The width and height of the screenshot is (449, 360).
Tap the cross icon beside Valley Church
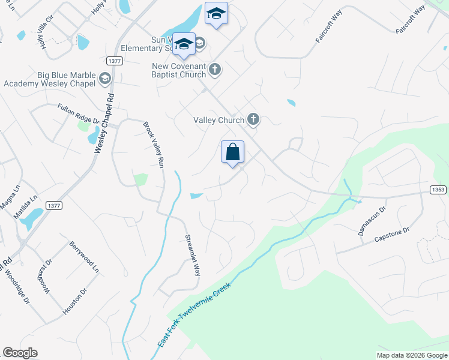click(x=253, y=119)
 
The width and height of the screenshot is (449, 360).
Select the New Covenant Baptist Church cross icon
click(x=215, y=70)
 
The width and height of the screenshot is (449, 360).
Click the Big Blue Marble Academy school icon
click(x=105, y=78)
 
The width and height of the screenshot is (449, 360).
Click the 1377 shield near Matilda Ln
click(x=53, y=205)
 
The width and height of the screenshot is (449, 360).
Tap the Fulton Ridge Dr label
click(x=78, y=113)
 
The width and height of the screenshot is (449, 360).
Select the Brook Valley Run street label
click(x=152, y=145)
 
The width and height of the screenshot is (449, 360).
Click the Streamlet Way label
click(x=191, y=254)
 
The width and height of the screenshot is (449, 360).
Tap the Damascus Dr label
click(x=373, y=221)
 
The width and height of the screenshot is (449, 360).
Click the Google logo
click(x=20, y=353)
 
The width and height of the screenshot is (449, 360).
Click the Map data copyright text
click(x=412, y=355)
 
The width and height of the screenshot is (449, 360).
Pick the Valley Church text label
click(x=218, y=120)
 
